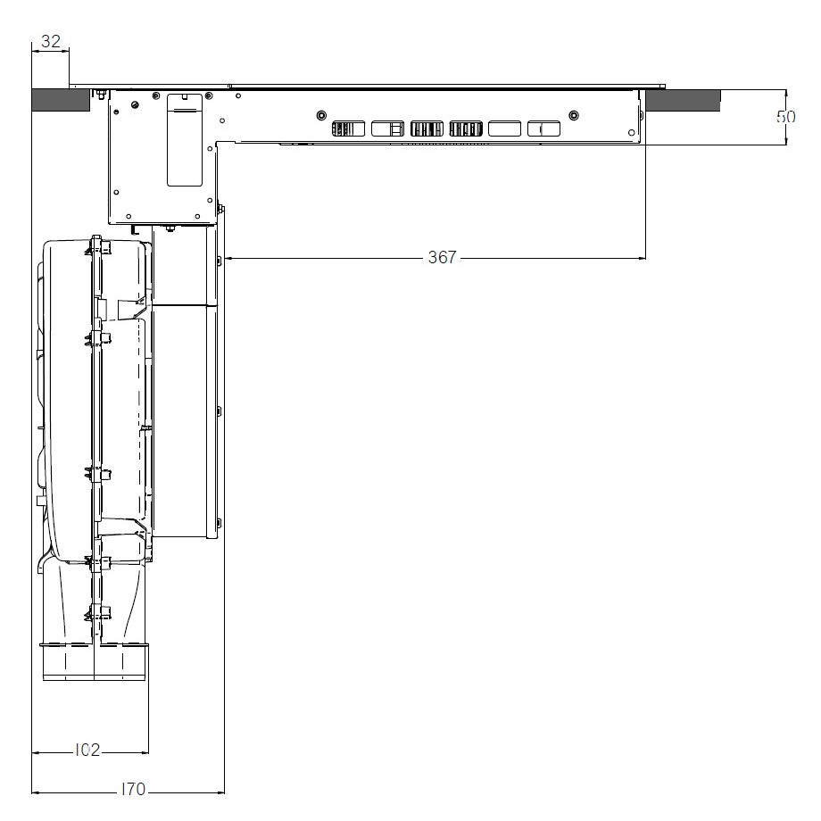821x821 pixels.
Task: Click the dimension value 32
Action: [51, 41]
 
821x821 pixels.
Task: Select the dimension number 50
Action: [785, 117]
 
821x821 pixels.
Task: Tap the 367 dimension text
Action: [443, 257]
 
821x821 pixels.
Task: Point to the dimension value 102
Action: [87, 751]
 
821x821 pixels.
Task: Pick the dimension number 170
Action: [132, 789]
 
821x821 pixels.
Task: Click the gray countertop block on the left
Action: [61, 100]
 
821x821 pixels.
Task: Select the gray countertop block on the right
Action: [683, 100]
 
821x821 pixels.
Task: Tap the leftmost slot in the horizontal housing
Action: [348, 129]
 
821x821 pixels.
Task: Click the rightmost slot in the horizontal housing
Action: [543, 129]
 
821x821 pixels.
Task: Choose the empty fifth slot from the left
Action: [504, 129]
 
